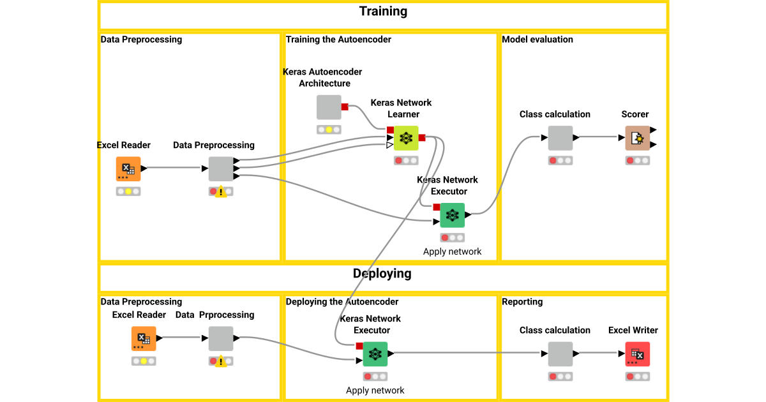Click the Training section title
[x=383, y=11]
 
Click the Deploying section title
[x=382, y=274]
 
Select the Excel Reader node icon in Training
[x=128, y=168]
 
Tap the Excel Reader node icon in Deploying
[x=144, y=338]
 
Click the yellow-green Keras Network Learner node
[x=405, y=138]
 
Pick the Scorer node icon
[x=637, y=138]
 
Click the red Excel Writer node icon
[x=637, y=354]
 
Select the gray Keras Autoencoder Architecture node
[x=329, y=107]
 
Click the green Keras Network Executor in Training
[x=452, y=215]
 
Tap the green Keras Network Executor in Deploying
[x=375, y=354]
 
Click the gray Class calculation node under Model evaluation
[x=560, y=138]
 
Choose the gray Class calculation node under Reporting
[x=560, y=354]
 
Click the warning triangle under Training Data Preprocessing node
[x=221, y=191]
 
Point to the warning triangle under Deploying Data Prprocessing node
[x=221, y=361]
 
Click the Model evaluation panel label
[x=537, y=40]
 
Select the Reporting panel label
[x=522, y=302]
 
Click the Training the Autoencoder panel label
[x=338, y=40]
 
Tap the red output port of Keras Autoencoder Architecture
[x=345, y=107]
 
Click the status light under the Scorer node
[x=637, y=161]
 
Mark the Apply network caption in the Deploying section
[x=375, y=391]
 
